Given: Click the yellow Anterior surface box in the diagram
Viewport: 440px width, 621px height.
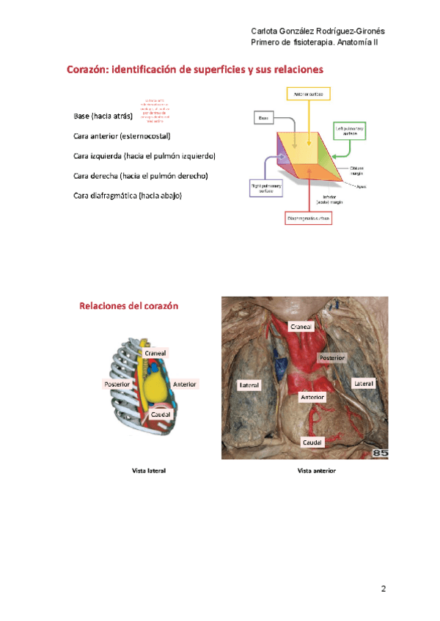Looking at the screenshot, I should (308, 94).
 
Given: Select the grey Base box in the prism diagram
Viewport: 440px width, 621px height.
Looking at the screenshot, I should (264, 117).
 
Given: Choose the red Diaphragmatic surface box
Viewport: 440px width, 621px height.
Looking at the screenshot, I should (309, 218).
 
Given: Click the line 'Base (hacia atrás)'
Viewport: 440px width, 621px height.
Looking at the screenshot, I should (103, 116).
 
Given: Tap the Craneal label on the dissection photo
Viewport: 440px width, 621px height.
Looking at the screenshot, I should (301, 327).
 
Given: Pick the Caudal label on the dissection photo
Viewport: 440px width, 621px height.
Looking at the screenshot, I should (313, 442).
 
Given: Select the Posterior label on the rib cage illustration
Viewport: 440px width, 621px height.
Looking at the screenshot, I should (117, 384).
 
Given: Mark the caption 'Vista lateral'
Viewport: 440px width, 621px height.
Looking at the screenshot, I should (149, 470).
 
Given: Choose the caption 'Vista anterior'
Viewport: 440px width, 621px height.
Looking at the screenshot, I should (316, 470).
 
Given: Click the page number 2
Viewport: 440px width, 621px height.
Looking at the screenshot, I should (383, 589).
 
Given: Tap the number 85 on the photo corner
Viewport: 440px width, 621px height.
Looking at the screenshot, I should (380, 453).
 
